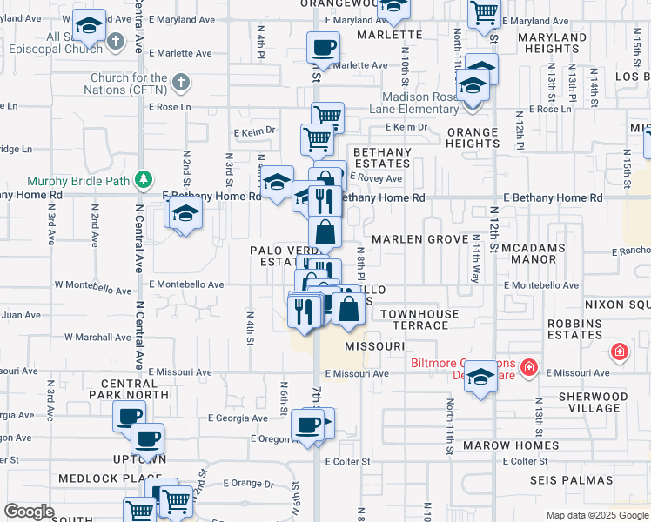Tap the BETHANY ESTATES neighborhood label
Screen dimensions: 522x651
point(382,158)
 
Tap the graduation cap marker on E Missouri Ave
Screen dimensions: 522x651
point(480,378)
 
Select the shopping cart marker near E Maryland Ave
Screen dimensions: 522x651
point(484,13)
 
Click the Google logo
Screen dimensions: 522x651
point(29,511)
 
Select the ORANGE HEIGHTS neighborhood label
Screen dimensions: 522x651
point(473,138)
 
